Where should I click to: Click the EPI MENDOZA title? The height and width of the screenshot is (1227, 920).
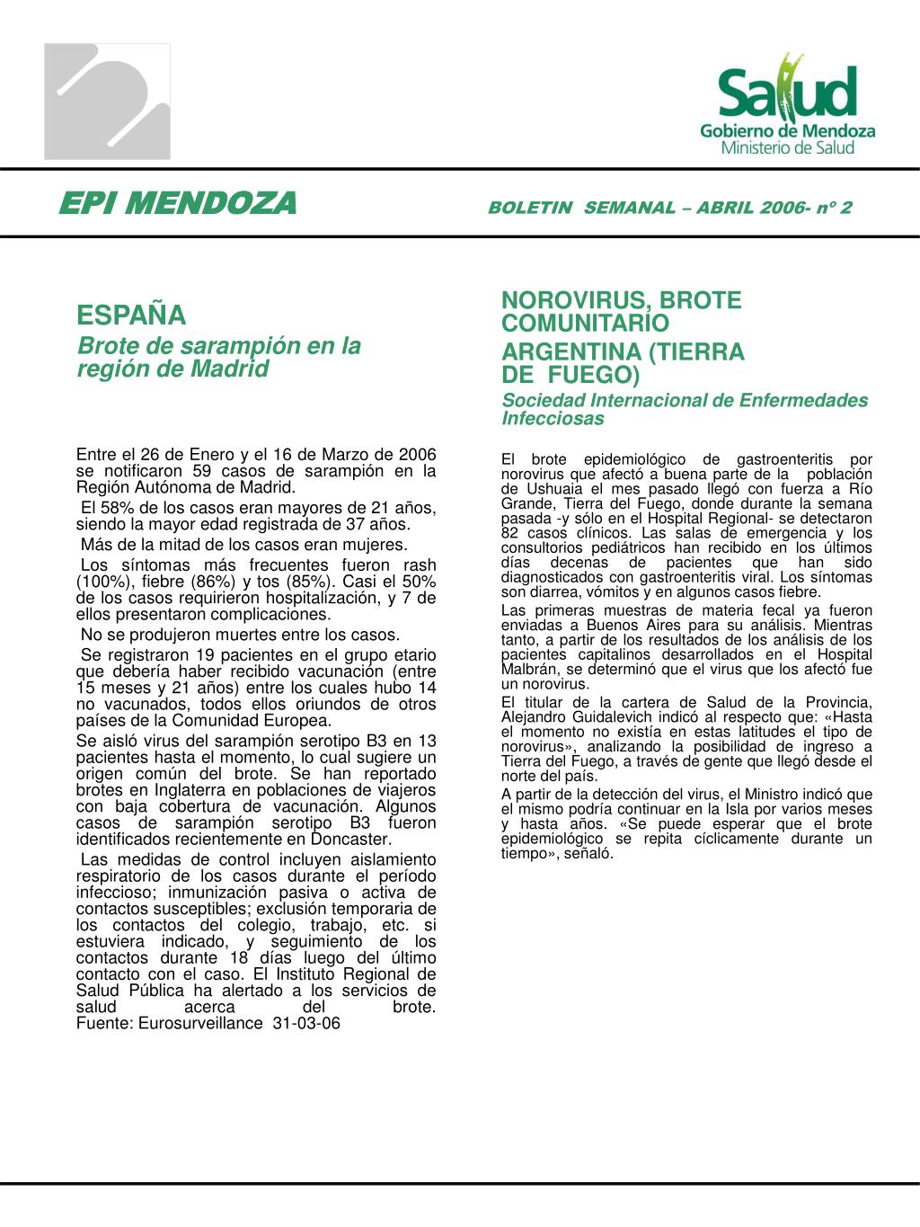pyautogui.click(x=177, y=205)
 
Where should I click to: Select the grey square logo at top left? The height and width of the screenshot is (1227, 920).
pyautogui.click(x=108, y=102)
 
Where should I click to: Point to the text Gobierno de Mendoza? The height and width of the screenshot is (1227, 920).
pyautogui.click(x=788, y=131)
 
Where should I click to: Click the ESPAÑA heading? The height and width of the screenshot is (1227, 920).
pyautogui.click(x=132, y=316)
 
